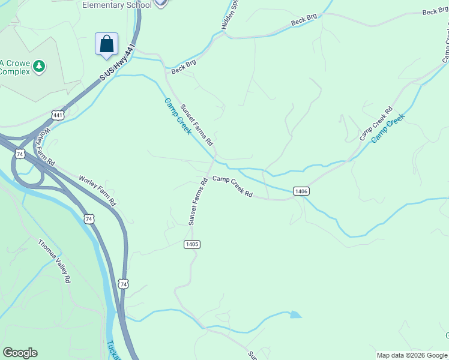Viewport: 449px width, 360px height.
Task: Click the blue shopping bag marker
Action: click(x=106, y=44)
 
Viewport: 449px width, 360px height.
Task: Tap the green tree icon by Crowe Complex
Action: click(x=39, y=65)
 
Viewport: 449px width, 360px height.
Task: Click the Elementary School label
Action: click(x=116, y=5)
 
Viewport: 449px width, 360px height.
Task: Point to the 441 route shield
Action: click(x=58, y=115)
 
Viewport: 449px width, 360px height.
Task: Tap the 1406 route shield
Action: click(x=301, y=191)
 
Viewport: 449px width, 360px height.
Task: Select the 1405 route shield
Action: click(x=191, y=244)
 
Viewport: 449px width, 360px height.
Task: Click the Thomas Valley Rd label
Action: click(x=55, y=261)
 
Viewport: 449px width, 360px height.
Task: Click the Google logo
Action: click(x=20, y=353)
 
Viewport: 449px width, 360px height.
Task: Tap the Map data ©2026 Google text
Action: click(x=411, y=355)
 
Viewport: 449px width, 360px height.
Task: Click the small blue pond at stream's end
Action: click(x=295, y=314)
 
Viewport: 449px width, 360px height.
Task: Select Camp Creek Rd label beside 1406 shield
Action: click(x=232, y=187)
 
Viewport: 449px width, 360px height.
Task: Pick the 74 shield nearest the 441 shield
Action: click(x=20, y=154)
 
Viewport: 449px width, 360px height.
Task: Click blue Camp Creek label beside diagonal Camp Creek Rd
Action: click(x=388, y=128)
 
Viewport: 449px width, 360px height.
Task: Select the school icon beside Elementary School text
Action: click(x=160, y=3)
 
